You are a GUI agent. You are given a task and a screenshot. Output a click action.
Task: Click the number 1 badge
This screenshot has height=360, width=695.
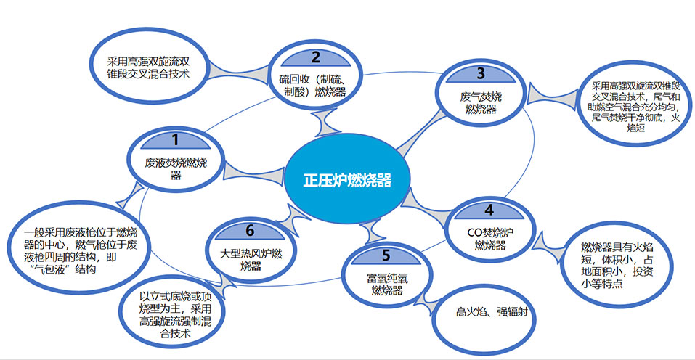pos(174,137)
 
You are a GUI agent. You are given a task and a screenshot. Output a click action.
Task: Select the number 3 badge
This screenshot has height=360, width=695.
pos(480,73)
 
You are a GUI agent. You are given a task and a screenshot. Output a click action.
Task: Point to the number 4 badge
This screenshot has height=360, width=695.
pos(489,210)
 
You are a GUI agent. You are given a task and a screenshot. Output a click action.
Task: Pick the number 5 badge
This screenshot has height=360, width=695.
pos(386,255)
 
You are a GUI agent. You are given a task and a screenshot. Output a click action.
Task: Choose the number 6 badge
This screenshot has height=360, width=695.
pos(249,231)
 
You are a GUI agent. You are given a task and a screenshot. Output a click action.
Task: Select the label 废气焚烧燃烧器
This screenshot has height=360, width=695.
pos(480,102)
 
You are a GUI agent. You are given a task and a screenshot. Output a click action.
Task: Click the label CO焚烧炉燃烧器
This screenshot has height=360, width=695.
pos(489,238)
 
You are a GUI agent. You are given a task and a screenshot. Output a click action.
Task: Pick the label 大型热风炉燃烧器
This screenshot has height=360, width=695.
pos(249,258)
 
